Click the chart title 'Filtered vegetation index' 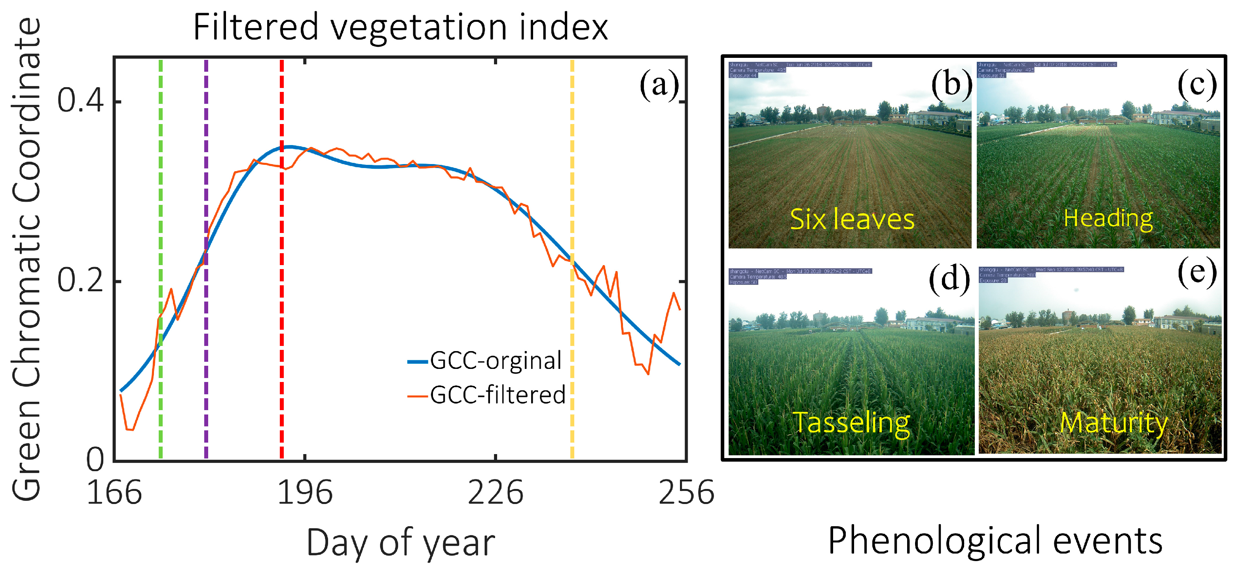tap(401, 27)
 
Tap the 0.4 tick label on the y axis tap(81, 101)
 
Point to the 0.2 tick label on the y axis tap(81, 281)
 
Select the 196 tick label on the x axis tap(305, 493)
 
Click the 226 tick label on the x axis tap(495, 493)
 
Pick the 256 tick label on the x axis tap(686, 493)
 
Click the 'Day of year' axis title tap(401, 542)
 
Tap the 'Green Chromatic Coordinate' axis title tap(27, 260)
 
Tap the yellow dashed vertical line tap(572, 193)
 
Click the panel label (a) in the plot tap(659, 85)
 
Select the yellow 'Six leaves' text tap(852, 220)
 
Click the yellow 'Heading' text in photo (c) tap(1108, 218)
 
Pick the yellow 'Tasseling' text tap(851, 423)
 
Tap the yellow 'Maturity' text tap(1114, 423)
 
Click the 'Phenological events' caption tap(995, 541)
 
